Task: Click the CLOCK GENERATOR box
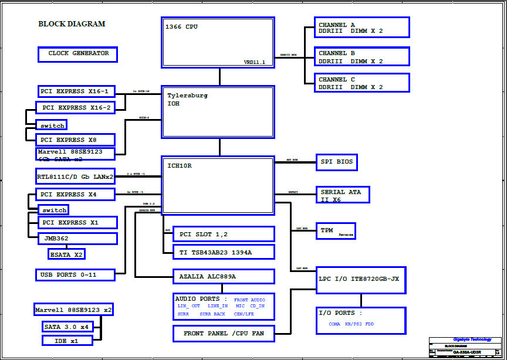click(x=77, y=55)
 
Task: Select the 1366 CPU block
click(x=218, y=42)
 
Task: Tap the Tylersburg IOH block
click(x=218, y=112)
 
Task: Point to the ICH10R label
click(x=179, y=166)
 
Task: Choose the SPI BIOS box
click(x=336, y=162)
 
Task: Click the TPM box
click(x=336, y=231)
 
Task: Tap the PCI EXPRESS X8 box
click(x=75, y=140)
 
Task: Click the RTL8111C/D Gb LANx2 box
click(x=75, y=176)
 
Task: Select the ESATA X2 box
click(x=66, y=254)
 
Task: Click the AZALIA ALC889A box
click(x=224, y=276)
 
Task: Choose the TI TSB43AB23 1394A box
click(x=224, y=252)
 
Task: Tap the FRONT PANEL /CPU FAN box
click(x=224, y=334)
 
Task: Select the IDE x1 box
click(x=67, y=341)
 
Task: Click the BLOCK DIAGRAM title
click(x=72, y=24)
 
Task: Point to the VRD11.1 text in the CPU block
click(x=255, y=62)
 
